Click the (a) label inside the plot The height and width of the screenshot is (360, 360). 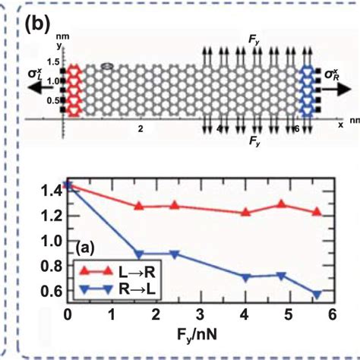(x=89, y=246)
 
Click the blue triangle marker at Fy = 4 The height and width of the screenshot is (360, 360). (x=245, y=277)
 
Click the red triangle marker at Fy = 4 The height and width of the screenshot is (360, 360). (x=245, y=212)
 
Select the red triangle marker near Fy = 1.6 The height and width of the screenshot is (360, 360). (x=138, y=206)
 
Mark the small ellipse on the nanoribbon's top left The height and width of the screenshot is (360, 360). (x=107, y=66)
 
